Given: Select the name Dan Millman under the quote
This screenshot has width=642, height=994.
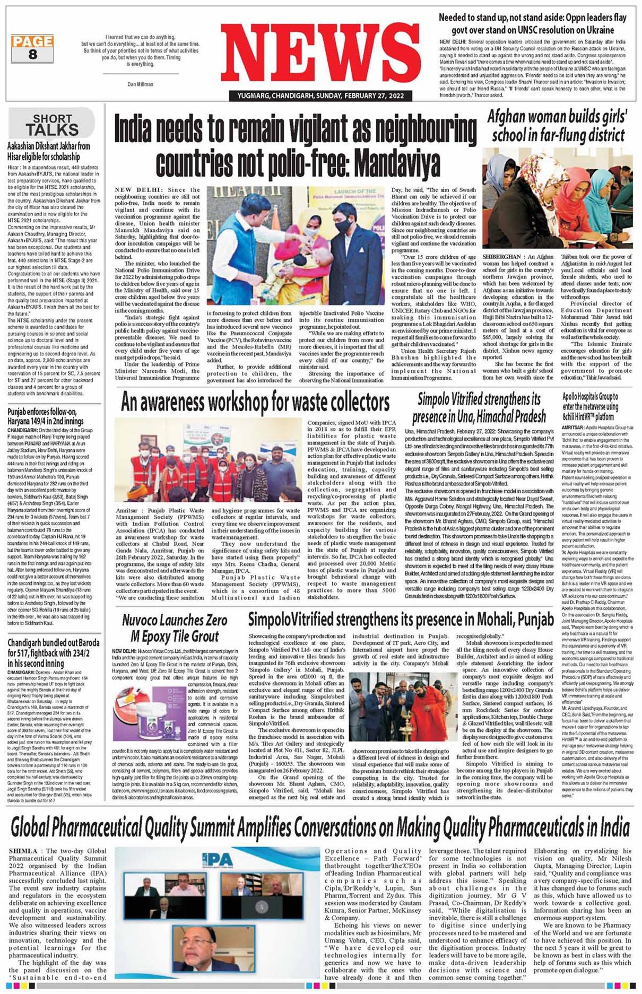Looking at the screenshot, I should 140,84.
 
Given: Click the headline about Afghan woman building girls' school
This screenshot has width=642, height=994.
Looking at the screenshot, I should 557,126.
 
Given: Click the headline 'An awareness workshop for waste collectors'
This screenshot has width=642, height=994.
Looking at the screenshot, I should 255,403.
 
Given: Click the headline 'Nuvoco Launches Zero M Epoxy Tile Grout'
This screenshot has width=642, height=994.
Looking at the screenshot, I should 175,628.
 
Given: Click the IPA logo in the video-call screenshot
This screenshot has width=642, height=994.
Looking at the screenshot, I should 217,859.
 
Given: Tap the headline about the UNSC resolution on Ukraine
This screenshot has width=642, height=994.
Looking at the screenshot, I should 532,24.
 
